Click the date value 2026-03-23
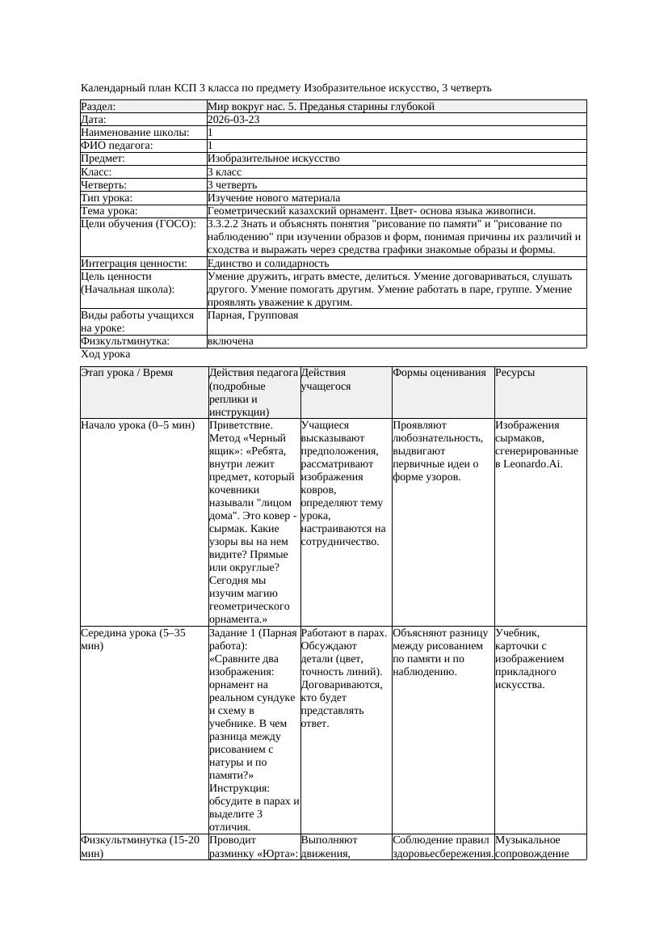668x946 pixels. tap(233, 120)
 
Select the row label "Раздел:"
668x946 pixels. tap(99, 107)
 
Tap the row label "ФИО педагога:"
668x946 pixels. tap(117, 146)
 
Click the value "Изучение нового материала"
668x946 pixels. tap(274, 198)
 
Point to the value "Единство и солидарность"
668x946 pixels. tap(268, 264)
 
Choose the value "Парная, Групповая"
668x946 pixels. tap(253, 315)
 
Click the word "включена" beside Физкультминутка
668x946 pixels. tap(230, 341)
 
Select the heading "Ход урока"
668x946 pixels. tap(106, 354)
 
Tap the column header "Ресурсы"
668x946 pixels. tap(515, 373)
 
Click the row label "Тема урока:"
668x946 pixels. tap(110, 211)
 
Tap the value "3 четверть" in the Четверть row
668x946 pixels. tap(233, 185)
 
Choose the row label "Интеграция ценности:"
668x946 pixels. tap(134, 264)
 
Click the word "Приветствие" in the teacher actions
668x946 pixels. tap(241, 425)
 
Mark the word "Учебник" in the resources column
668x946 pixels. tap(518, 633)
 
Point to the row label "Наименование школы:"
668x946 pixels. tap(136, 133)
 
